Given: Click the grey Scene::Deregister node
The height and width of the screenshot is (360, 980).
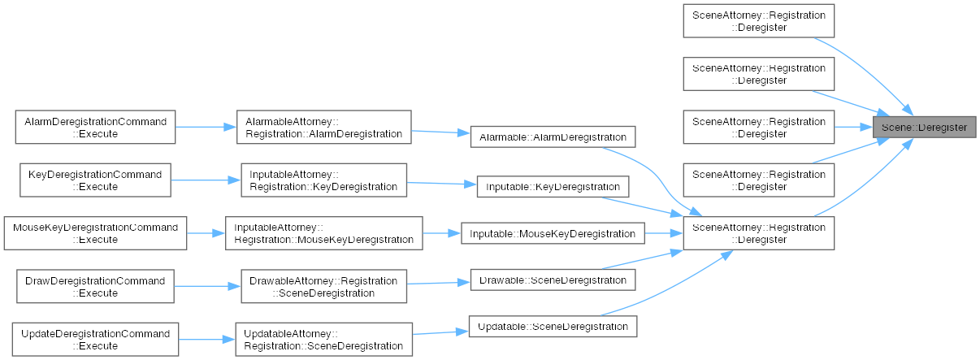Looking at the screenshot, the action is (x=924, y=128).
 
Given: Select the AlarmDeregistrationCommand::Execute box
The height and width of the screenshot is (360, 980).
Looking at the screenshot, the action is (x=95, y=127).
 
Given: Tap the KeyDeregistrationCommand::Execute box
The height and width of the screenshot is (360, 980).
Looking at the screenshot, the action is (x=95, y=180).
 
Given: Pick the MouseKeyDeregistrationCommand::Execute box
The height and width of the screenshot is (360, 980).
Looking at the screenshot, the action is (x=95, y=233).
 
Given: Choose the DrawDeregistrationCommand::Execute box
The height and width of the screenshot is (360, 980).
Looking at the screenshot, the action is (x=95, y=287).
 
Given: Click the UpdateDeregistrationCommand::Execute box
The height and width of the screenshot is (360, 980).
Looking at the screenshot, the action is (x=95, y=340).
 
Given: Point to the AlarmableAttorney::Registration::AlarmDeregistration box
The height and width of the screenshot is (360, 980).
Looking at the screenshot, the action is (x=323, y=127).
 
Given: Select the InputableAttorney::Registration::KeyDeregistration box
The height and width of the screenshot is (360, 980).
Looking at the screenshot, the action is (x=323, y=180).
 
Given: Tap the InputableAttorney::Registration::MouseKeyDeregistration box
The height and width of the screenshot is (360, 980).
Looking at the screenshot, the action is (x=323, y=233).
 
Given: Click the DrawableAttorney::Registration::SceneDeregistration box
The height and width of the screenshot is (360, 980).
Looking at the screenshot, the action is (x=323, y=287).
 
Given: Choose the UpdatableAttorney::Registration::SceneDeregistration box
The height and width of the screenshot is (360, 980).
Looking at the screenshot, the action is (x=323, y=340).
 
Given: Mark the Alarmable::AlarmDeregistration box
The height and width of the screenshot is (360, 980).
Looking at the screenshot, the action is (x=553, y=137).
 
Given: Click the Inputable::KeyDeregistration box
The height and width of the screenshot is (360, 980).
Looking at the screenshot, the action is (x=553, y=187).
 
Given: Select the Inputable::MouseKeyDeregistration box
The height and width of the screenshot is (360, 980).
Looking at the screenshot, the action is (x=553, y=233).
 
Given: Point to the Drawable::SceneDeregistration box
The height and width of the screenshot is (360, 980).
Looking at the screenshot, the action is (x=553, y=280).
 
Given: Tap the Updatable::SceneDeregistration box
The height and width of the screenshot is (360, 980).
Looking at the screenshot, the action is (x=553, y=327).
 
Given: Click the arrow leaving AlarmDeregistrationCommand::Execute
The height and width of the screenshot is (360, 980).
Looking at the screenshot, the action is (x=206, y=127).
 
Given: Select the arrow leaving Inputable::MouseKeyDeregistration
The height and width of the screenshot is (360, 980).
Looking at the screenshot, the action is (x=664, y=233).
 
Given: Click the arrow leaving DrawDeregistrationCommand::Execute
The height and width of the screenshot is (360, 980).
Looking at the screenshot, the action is (x=208, y=287).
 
